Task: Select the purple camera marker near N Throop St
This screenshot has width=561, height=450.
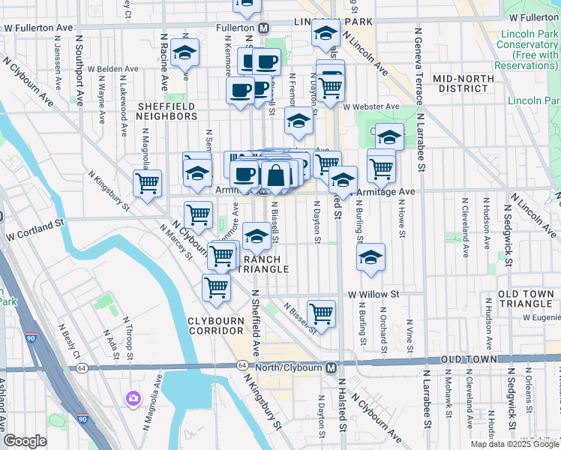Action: [x=133, y=397]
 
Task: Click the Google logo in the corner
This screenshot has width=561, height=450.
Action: [x=25, y=441]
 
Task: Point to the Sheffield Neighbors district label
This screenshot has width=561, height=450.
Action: [x=166, y=111]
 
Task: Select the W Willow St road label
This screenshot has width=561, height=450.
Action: [x=373, y=295]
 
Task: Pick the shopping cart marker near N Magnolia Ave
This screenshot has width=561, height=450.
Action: [x=147, y=182]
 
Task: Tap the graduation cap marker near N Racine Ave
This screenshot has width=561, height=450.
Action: [x=184, y=53]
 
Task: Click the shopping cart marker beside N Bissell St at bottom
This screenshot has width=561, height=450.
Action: [x=321, y=313]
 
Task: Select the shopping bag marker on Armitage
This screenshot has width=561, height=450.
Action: [x=276, y=175]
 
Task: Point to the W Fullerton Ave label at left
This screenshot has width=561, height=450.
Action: [x=37, y=27]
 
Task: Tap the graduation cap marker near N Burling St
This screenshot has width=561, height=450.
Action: [x=370, y=257]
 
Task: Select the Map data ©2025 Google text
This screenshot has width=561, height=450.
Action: [x=514, y=444]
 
